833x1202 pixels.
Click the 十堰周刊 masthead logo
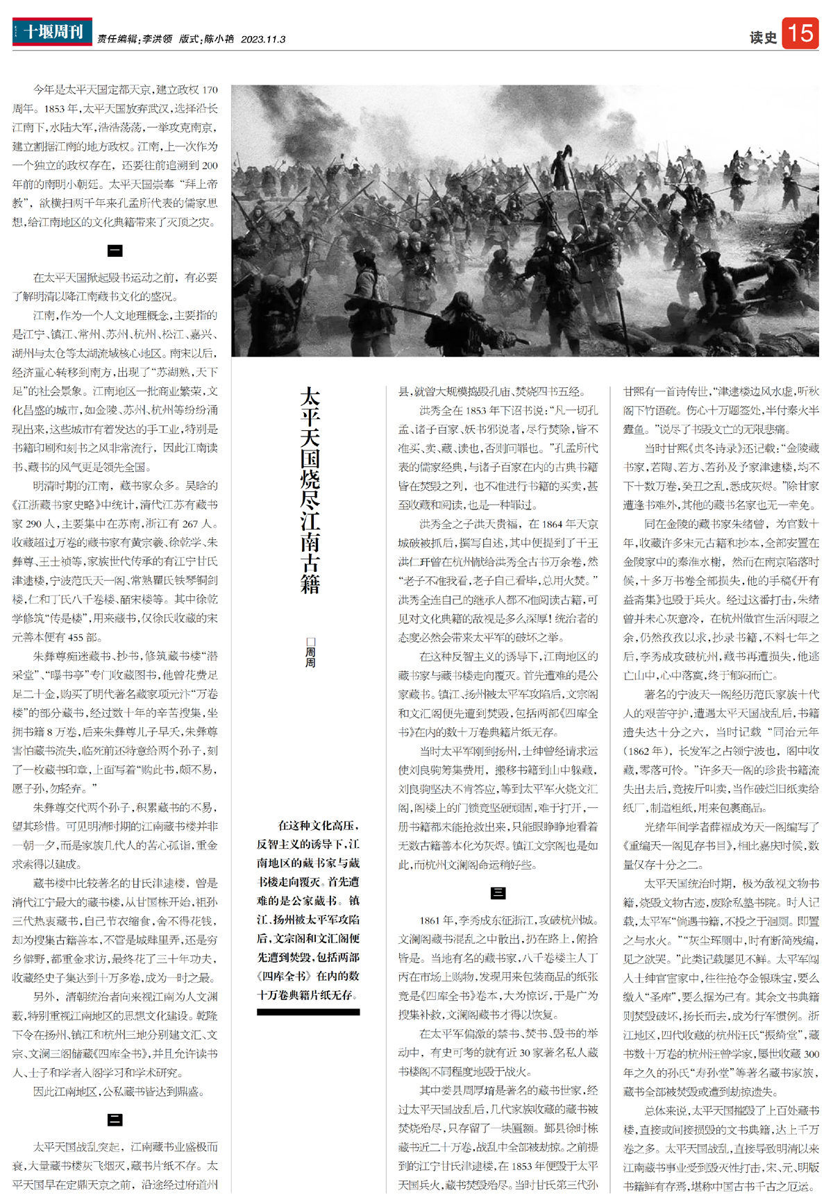tap(52, 32)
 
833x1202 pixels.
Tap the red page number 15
tap(800, 33)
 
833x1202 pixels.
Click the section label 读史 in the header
tap(763, 37)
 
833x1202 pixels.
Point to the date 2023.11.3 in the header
tap(263, 40)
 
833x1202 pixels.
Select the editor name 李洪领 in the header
tap(158, 40)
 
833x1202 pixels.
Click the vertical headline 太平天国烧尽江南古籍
tap(310, 490)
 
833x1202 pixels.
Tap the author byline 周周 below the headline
tap(310, 653)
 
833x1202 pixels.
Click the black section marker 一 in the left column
tap(115, 251)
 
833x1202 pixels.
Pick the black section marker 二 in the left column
tap(115, 1119)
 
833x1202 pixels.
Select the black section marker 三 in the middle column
tap(498, 893)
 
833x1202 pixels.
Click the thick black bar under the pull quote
tap(308, 1013)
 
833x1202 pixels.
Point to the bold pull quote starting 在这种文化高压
tap(308, 910)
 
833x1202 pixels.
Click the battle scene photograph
tap(525, 221)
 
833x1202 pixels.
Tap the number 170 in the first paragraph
tap(210, 90)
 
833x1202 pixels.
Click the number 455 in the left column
tap(76, 637)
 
